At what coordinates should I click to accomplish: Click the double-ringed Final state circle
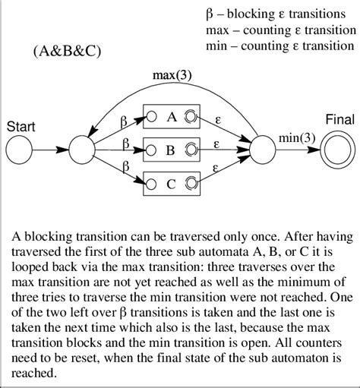click(x=336, y=149)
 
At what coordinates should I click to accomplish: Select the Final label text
click(x=338, y=120)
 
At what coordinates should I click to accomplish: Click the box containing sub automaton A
click(x=171, y=118)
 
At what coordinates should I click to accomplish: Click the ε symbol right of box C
click(x=217, y=170)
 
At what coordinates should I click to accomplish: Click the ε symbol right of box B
click(x=217, y=142)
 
